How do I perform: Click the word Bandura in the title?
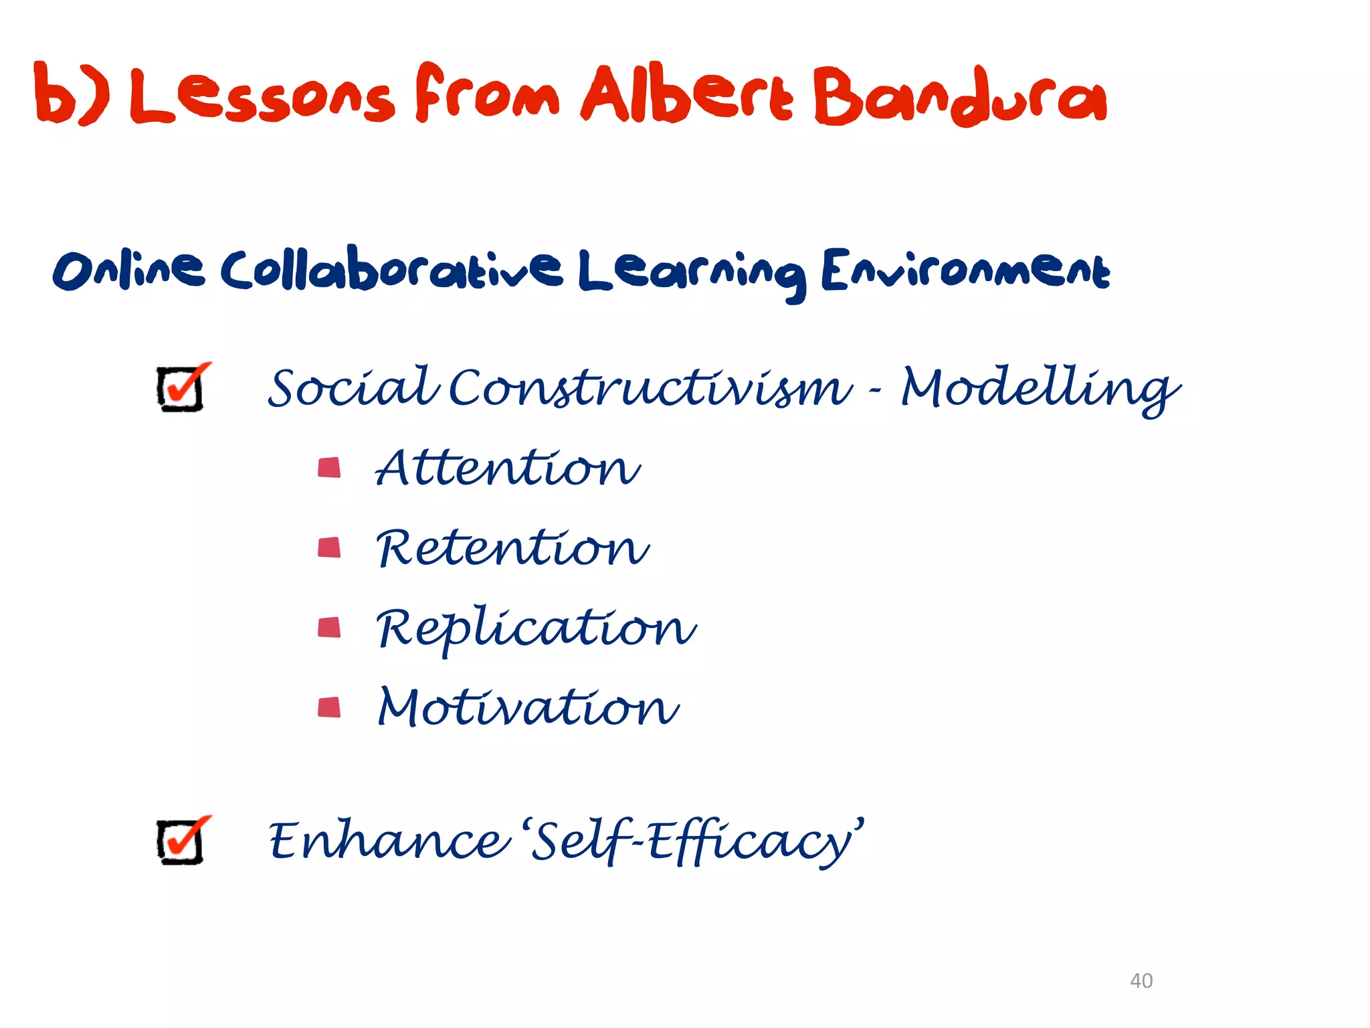click(x=960, y=98)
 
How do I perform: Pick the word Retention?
click(x=512, y=547)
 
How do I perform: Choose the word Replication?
click(x=536, y=629)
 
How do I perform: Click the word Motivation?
click(x=528, y=707)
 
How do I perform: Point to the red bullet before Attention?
click(x=329, y=467)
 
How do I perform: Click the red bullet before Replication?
click(x=329, y=627)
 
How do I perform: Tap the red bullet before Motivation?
click(x=329, y=707)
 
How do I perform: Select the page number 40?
click(x=1141, y=980)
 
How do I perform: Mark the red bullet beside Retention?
click(x=329, y=547)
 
